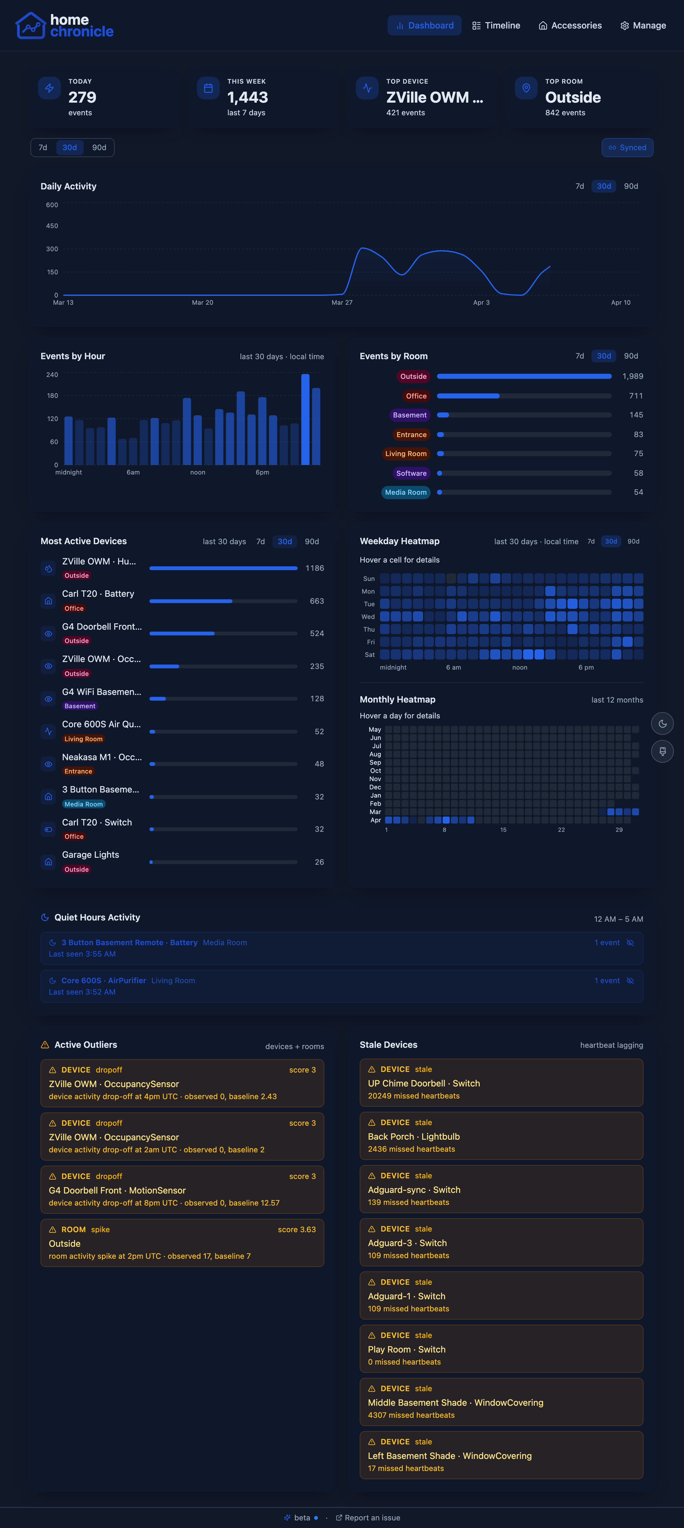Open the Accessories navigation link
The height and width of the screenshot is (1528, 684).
[570, 26]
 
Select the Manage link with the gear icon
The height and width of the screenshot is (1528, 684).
[643, 26]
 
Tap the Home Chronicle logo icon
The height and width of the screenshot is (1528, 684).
[30, 26]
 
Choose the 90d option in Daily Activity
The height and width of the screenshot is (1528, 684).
[630, 186]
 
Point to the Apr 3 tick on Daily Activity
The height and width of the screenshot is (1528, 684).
[481, 302]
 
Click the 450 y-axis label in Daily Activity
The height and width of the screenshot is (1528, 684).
[52, 226]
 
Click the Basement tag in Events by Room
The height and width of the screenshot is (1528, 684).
[409, 415]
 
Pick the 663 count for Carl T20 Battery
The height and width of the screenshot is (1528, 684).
[317, 601]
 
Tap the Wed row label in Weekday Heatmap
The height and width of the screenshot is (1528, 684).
[368, 617]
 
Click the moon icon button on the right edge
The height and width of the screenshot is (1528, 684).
[662, 724]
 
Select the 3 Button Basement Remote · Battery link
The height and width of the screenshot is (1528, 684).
[129, 943]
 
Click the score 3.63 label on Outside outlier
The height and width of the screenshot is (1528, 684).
[297, 1230]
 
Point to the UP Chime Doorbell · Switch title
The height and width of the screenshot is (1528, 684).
[424, 1083]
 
